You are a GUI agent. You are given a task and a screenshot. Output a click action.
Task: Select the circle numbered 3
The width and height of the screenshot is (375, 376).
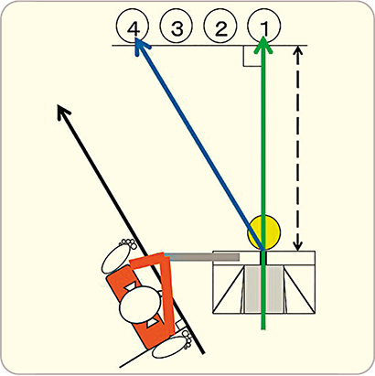[x=177, y=28]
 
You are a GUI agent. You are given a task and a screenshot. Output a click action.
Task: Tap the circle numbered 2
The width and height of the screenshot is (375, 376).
[x=221, y=28]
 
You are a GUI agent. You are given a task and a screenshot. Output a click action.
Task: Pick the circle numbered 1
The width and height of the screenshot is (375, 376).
[x=264, y=28]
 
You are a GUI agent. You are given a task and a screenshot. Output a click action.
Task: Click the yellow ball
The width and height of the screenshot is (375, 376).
[x=263, y=232]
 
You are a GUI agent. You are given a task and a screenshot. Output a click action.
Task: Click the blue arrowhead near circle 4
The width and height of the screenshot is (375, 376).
[x=141, y=47]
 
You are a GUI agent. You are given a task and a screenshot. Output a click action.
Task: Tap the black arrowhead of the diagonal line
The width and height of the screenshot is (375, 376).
[x=63, y=112]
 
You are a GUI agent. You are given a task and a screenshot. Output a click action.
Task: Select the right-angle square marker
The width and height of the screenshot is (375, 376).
[x=252, y=56]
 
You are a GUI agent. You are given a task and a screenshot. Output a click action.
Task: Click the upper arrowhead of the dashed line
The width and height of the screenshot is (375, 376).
[x=299, y=51]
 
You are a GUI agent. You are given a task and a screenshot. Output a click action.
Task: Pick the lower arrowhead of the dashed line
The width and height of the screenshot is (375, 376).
[x=298, y=245]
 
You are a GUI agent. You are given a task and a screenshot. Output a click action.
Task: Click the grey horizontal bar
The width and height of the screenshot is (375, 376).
[x=202, y=257]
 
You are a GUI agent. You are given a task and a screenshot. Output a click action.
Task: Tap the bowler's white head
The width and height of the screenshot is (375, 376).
[x=140, y=305]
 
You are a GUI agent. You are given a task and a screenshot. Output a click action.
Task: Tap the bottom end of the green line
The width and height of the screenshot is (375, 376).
[x=263, y=328]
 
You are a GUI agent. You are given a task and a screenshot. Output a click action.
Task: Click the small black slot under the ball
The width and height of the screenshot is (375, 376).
[x=263, y=258]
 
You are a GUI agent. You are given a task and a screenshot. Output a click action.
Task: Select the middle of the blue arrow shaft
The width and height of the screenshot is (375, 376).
[x=199, y=145]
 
